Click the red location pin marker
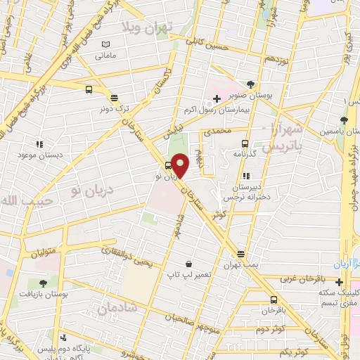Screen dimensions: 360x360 pos(181,166)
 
